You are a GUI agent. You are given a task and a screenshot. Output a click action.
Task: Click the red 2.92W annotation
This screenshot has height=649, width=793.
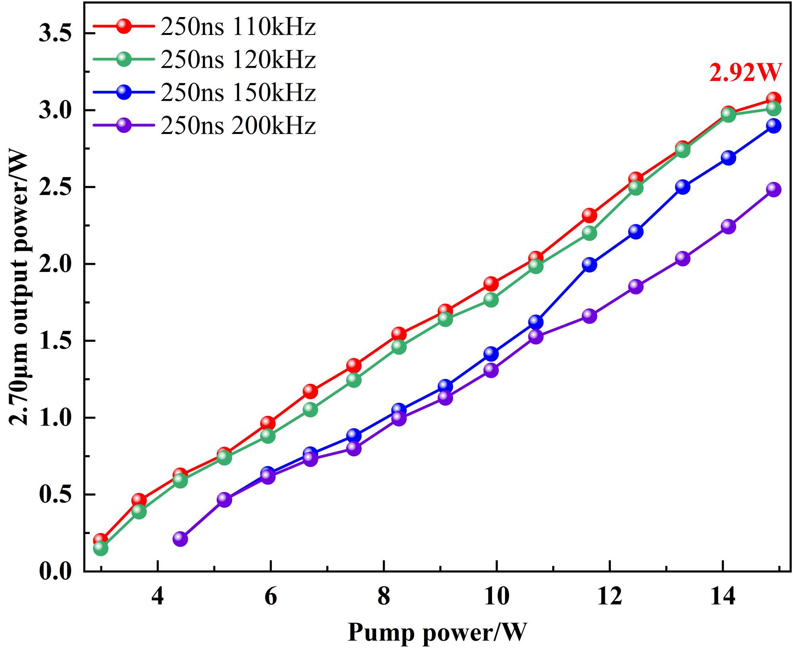745,73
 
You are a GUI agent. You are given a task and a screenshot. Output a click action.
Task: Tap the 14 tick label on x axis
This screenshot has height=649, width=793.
722,596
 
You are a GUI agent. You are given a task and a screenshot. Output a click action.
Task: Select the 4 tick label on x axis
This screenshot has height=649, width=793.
157,596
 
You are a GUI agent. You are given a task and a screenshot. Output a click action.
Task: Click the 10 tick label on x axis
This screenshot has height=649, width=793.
496,596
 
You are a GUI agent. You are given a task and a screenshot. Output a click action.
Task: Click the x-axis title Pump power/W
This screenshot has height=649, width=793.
437,632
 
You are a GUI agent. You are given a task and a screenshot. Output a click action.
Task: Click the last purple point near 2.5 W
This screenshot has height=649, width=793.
773,189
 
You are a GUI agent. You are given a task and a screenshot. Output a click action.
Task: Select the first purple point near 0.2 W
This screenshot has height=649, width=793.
180,539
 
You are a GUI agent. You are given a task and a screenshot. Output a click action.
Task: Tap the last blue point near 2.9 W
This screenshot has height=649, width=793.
773,126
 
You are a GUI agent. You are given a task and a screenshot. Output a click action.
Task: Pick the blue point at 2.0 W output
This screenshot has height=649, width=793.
589,264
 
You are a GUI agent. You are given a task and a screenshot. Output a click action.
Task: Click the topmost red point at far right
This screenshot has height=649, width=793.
773,99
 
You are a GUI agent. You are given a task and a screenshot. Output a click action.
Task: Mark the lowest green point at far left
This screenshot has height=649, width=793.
100,548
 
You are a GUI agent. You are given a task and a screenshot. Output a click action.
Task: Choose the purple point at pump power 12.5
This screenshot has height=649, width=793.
636,286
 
